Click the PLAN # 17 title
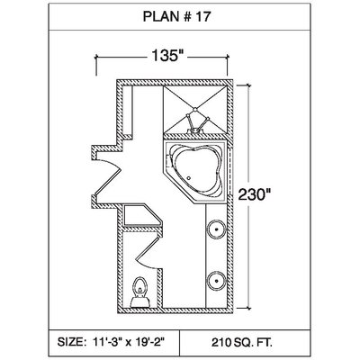tap(176, 17)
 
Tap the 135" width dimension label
tap(167, 56)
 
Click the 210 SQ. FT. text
tap(242, 342)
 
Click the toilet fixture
tap(139, 292)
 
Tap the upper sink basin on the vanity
tap(216, 230)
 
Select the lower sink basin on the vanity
tap(216, 281)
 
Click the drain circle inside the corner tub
tap(188, 178)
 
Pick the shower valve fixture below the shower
tap(194, 126)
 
